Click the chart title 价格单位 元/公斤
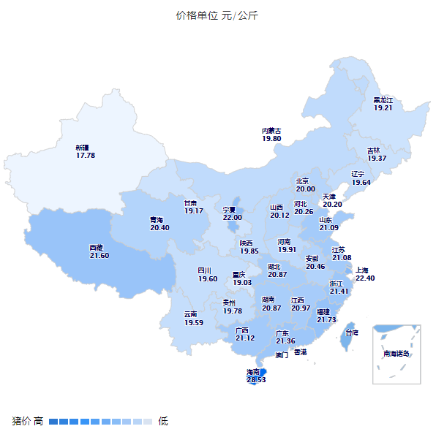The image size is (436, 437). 217,15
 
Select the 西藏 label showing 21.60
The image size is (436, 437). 99,252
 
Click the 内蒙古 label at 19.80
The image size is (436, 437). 271,135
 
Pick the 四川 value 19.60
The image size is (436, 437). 208,275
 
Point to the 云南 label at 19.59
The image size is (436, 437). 194,319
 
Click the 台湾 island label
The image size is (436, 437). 352,332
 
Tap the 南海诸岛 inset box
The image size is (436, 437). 396,354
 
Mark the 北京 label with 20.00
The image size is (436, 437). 305,185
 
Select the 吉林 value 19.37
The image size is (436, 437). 377,154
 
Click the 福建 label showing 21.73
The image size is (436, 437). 326,316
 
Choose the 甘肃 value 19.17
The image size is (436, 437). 194,207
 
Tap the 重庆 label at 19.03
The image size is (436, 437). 242,279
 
